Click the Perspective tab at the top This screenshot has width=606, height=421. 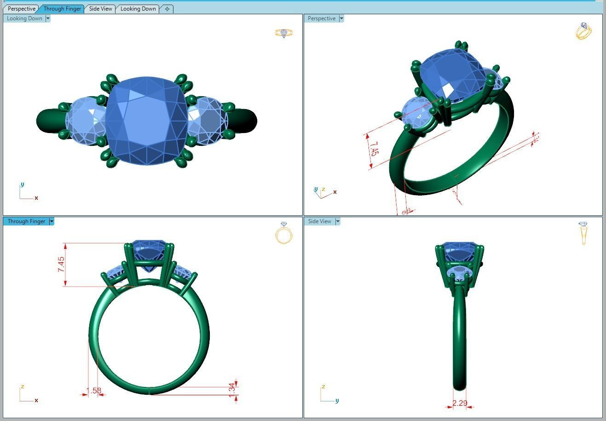21,9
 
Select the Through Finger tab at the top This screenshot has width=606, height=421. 62,9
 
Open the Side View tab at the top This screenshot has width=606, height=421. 100,9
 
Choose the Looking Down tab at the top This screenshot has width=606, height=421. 138,9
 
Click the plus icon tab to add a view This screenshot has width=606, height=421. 167,9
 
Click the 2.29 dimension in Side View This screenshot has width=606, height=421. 460,404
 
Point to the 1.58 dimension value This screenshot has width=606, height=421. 93,391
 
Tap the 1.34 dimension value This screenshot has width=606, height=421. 232,388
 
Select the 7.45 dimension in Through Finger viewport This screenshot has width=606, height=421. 61,265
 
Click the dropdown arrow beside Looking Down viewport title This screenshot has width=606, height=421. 48,19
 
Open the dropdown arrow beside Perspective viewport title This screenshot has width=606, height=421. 341,19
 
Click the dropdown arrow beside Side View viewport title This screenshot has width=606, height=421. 337,221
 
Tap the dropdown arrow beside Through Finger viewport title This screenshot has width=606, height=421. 52,221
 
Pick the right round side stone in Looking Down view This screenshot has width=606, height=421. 208,121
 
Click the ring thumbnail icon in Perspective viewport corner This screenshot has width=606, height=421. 583,31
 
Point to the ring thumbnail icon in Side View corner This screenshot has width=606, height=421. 583,233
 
